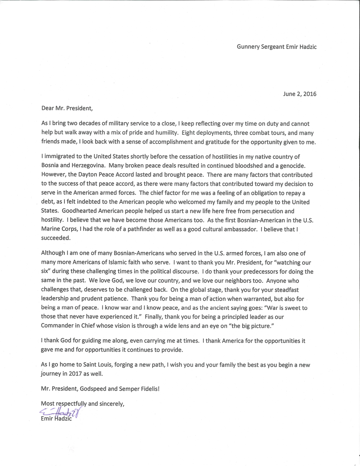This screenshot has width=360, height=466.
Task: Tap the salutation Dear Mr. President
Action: (67, 108)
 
